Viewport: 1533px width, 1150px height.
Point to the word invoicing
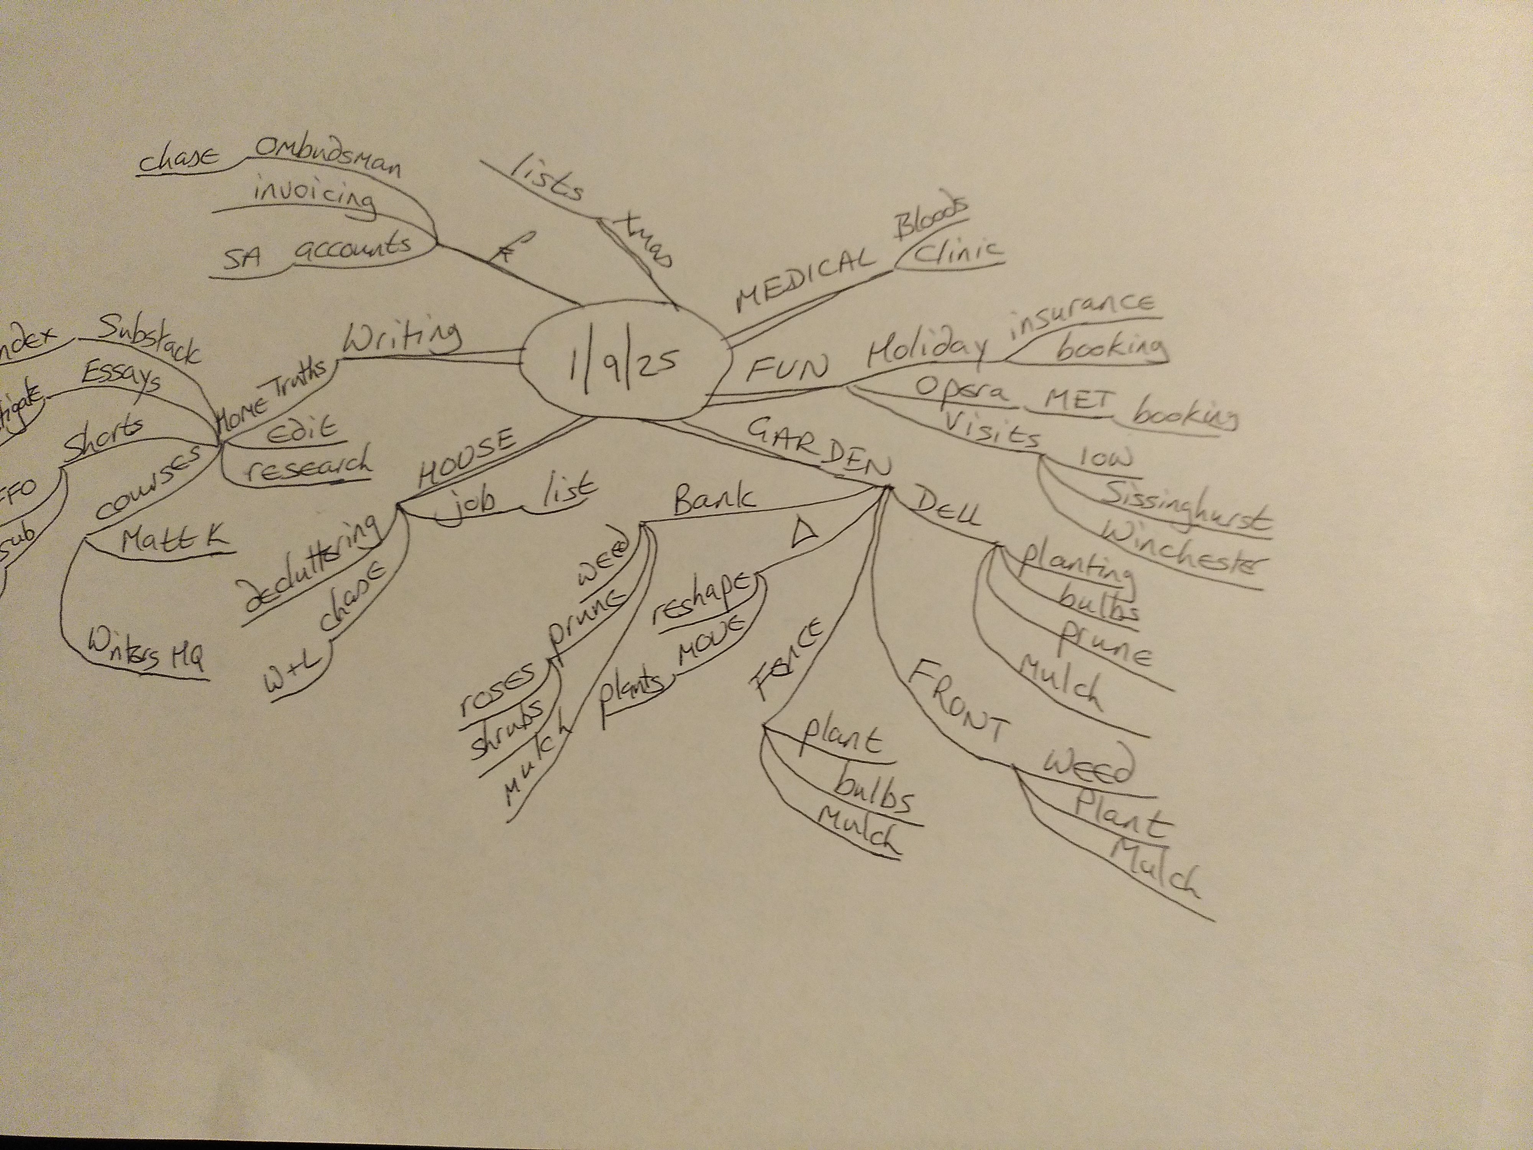point(315,196)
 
